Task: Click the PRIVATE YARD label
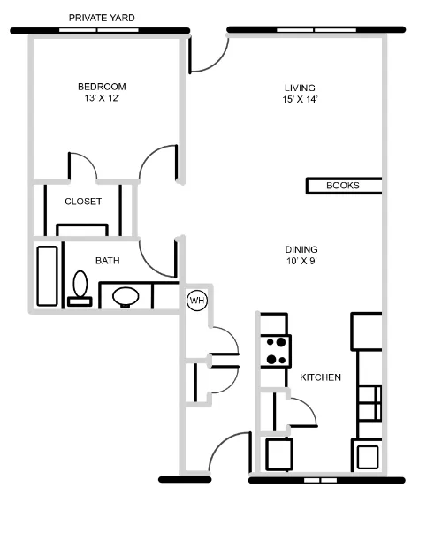tap(102, 17)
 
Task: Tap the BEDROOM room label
tap(102, 87)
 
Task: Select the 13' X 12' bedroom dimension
tap(102, 99)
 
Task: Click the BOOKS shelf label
tap(343, 186)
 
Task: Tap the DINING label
tap(301, 249)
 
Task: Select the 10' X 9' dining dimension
tap(301, 262)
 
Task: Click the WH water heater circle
tap(196, 301)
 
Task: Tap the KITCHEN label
tap(320, 377)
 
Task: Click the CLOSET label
tap(83, 202)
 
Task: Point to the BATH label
tap(108, 261)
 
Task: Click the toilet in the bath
tap(80, 289)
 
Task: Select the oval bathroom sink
tap(128, 296)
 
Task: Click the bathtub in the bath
tap(47, 276)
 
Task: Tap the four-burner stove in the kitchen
tap(276, 351)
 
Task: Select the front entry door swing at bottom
tap(226, 453)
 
